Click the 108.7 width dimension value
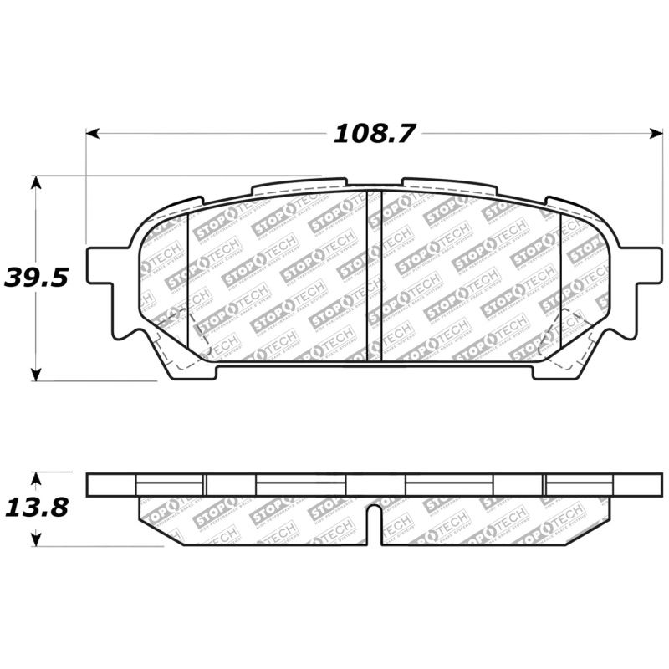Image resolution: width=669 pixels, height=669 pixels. pos(375,134)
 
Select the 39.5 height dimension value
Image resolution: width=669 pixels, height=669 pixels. pos(35,278)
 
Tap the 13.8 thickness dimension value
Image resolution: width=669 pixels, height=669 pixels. pos(35,508)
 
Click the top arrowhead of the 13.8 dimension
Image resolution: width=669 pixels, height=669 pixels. pos(35,477)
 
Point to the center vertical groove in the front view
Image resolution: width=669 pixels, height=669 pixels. pos(375,276)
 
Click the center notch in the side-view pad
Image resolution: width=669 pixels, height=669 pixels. pos(375,523)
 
